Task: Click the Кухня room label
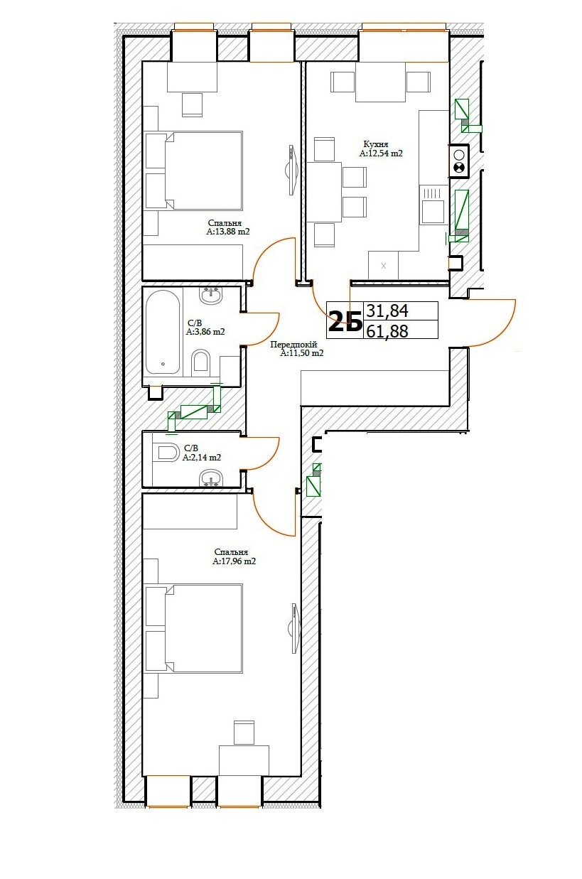point(376,144)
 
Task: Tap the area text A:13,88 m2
point(228,232)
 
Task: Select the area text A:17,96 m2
point(235,561)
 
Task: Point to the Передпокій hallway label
point(293,345)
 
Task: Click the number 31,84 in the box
point(387,311)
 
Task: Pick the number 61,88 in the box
point(387,331)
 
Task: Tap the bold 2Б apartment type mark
point(345,321)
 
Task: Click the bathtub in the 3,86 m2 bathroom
point(163,332)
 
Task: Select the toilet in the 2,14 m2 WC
point(168,453)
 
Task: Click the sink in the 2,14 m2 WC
point(211,479)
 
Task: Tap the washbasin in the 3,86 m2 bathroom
point(211,295)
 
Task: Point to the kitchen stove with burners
point(459,161)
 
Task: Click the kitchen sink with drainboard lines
point(433,205)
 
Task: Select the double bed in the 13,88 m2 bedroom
point(194,171)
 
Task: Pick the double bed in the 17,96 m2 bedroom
point(194,628)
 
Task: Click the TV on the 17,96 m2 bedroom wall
point(294,628)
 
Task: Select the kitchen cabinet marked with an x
point(384,265)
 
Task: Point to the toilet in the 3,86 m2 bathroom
point(201,361)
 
